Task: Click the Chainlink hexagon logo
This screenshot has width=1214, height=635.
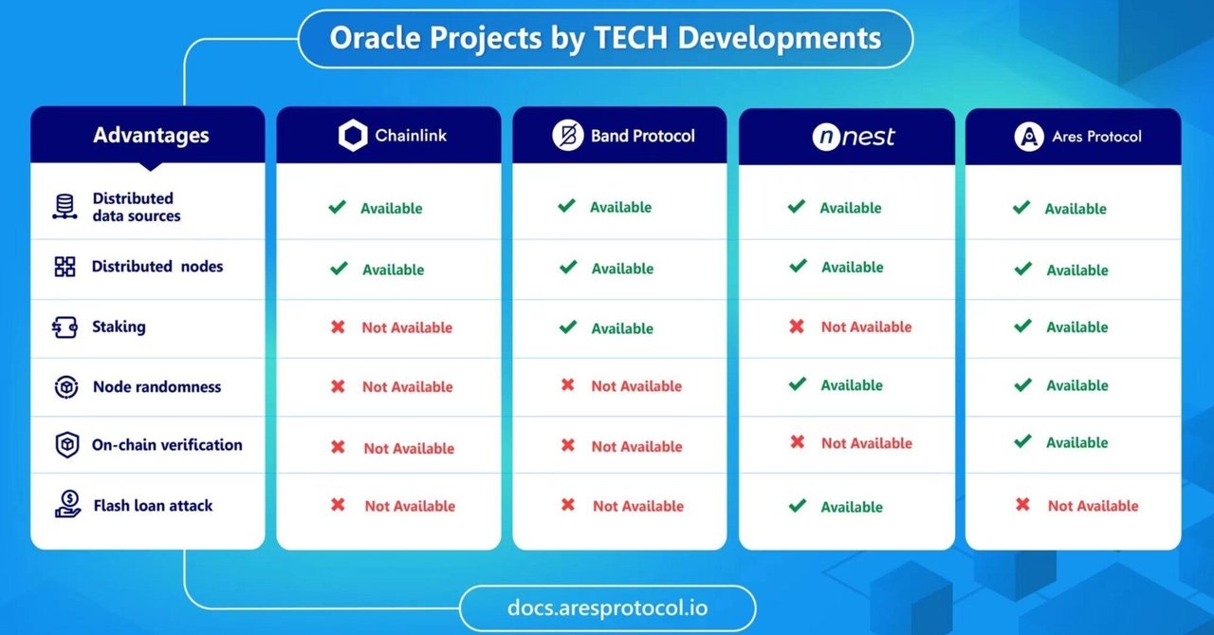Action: pos(352,136)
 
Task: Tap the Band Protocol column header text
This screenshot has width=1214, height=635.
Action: pos(642,136)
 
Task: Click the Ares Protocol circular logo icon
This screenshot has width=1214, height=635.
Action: pos(1029,137)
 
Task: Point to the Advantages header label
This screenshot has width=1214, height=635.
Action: pos(151,135)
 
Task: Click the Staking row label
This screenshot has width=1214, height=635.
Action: pos(119,327)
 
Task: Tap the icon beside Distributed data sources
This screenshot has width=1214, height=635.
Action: pos(64,207)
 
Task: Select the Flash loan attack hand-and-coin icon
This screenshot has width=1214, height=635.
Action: pos(66,504)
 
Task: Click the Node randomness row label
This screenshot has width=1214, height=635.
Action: pos(156,386)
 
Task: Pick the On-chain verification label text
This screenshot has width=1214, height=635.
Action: pos(167,444)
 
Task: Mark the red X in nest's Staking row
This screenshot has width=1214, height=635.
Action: pos(797,327)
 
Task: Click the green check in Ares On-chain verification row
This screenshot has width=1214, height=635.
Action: pos(1022,441)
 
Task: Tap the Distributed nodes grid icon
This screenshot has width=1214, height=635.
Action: pos(64,267)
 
